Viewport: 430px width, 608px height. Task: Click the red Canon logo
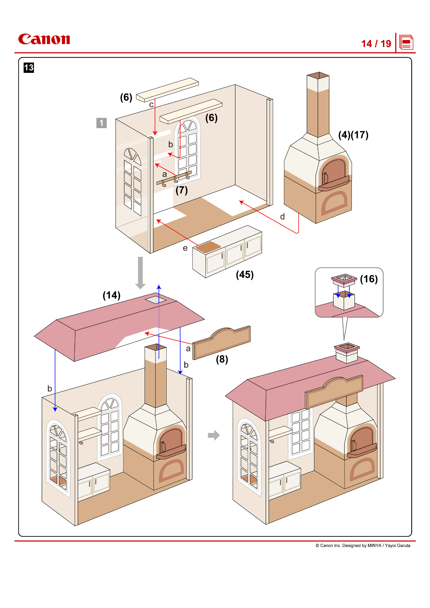pos(44,39)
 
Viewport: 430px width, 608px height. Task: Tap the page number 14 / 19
pos(376,44)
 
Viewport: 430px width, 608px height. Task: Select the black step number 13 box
pos(29,68)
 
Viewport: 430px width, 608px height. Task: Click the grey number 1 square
pos(101,123)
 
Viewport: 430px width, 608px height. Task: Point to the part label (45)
pos(245,274)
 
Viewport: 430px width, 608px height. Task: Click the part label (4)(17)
pos(353,135)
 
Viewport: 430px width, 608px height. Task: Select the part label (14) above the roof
pos(112,295)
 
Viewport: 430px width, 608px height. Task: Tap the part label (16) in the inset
pos(369,279)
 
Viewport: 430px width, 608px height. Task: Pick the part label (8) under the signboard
pos(222,359)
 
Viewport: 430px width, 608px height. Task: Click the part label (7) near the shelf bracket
pos(182,190)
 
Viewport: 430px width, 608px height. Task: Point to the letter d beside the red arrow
pos(283,217)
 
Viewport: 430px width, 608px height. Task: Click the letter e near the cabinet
pos(185,248)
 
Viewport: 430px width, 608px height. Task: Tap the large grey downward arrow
pos(140,273)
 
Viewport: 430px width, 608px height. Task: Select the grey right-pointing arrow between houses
pos(214,435)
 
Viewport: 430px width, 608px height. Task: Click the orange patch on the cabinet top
pos(208,247)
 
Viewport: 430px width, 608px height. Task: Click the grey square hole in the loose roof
pos(155,299)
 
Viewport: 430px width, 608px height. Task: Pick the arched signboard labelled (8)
pos(221,343)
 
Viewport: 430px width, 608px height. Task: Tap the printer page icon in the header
pos(406,42)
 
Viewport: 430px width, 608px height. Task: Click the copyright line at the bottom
pos(362,545)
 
